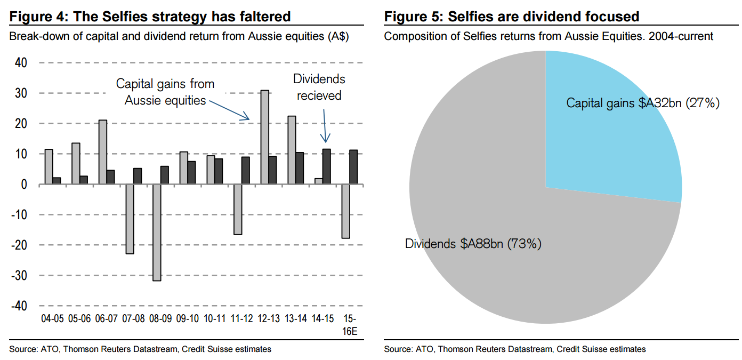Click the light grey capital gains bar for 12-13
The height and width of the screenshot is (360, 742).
click(x=264, y=138)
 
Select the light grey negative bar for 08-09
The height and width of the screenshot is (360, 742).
click(x=156, y=233)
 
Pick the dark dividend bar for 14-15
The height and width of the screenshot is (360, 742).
click(x=326, y=167)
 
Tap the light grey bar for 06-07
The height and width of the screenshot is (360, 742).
click(x=102, y=152)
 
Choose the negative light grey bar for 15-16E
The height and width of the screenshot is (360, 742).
click(x=345, y=211)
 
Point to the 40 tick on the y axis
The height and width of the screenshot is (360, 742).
click(x=20, y=63)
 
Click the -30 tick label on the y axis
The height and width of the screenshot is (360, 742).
click(x=19, y=275)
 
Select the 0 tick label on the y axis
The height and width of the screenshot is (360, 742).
click(x=23, y=185)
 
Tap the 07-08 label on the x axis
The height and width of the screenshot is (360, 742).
click(x=133, y=319)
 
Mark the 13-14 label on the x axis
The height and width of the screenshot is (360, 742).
click(x=295, y=319)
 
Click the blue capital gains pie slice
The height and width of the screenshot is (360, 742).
click(x=602, y=133)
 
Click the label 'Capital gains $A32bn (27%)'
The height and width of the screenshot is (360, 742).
click(x=643, y=103)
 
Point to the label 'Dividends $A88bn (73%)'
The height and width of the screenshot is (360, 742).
click(x=473, y=244)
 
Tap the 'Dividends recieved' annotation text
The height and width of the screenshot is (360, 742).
click(x=319, y=87)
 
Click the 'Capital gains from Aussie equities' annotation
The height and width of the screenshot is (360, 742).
click(x=165, y=92)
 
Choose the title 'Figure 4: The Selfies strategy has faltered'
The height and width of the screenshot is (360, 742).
click(x=150, y=17)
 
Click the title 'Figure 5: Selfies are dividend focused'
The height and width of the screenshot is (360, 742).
click(x=512, y=17)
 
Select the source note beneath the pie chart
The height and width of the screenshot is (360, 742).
click(x=514, y=349)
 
